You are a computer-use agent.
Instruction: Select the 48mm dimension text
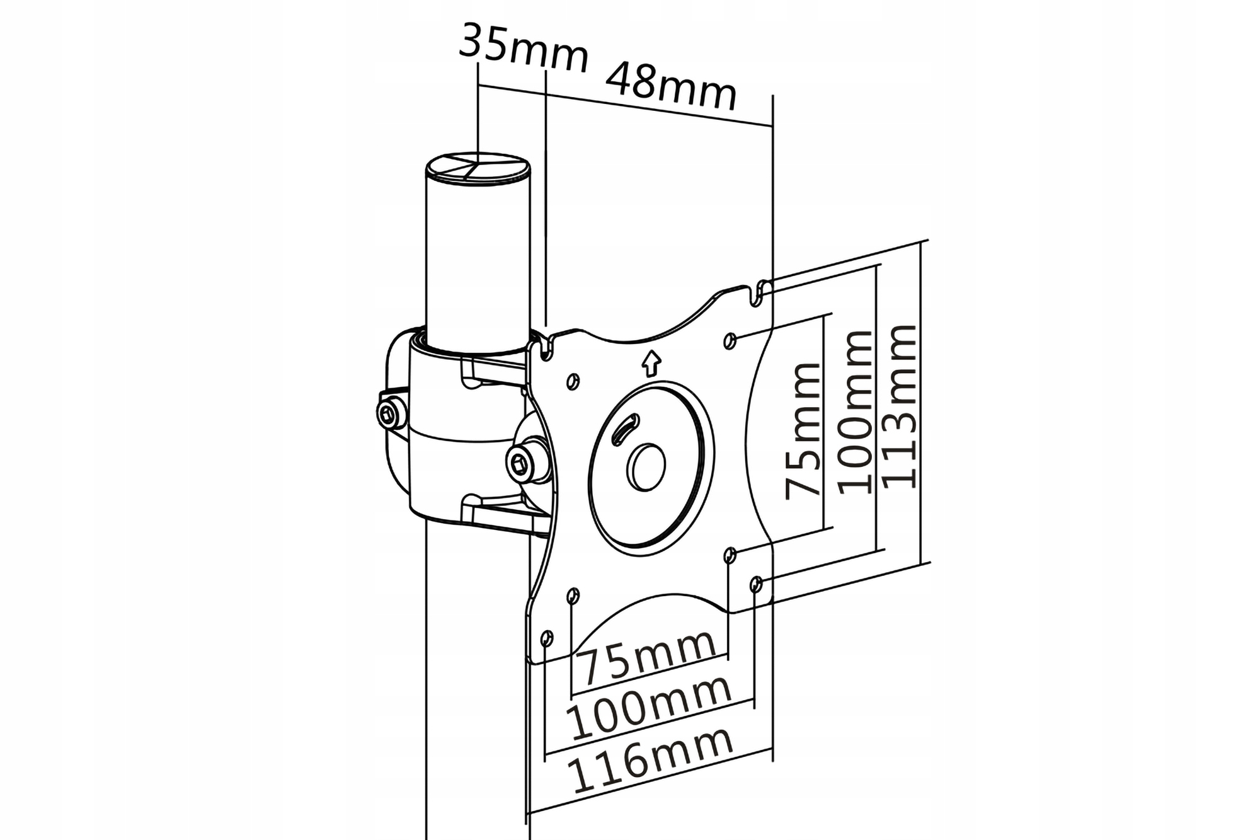672,85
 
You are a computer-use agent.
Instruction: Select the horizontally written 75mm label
649,657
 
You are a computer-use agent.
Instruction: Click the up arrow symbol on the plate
651,364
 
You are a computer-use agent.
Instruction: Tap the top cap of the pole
478,168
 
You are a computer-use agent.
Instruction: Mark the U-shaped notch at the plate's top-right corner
760,294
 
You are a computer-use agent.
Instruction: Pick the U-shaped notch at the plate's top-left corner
546,349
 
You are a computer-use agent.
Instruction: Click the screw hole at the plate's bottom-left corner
546,639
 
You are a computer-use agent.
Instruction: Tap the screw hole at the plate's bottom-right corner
757,585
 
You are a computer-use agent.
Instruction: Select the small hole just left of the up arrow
573,381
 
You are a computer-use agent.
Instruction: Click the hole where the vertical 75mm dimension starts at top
730,341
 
